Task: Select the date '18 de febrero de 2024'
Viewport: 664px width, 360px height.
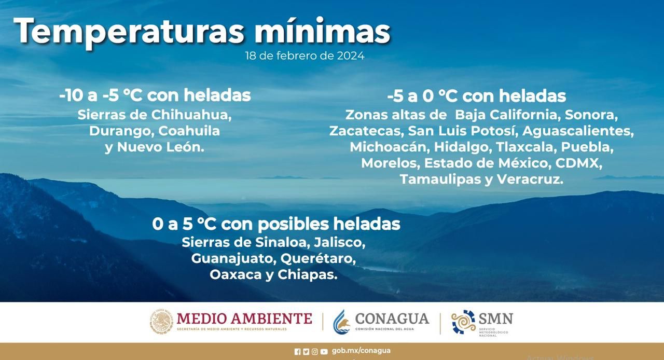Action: [305, 56]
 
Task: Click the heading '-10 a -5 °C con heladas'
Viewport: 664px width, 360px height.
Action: [155, 95]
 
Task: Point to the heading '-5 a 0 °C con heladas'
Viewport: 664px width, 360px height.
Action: [476, 96]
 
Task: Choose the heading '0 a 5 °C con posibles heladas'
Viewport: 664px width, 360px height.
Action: [276, 224]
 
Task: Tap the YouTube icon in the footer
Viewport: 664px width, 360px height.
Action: [324, 352]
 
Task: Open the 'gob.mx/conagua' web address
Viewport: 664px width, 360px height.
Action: [361, 351]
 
